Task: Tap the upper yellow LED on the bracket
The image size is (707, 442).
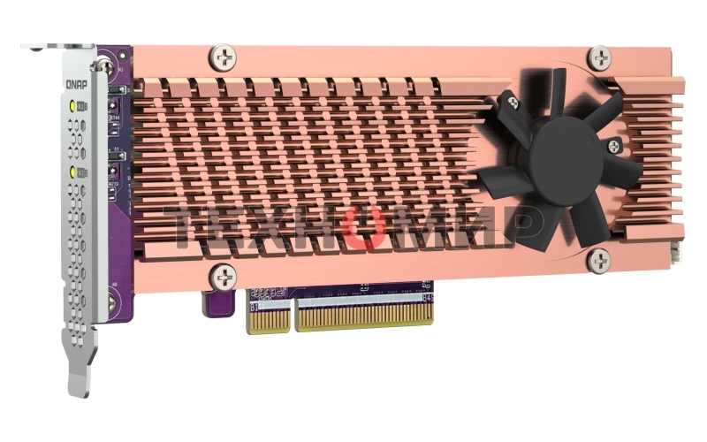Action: pyautogui.click(x=72, y=106)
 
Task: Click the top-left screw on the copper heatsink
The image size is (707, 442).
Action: pyautogui.click(x=224, y=59)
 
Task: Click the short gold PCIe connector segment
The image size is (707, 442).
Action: pyautogui.click(x=270, y=316)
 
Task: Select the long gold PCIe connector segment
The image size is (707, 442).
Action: pyautogui.click(x=371, y=313)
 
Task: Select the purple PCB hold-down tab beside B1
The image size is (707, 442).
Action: pyautogui.click(x=217, y=302)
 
